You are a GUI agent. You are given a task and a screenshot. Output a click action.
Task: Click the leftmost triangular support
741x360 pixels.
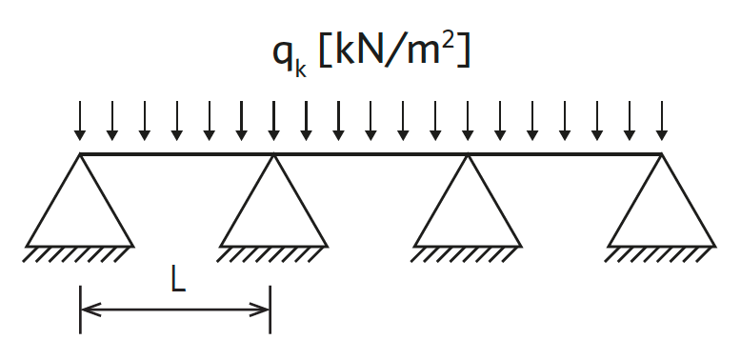click(x=80, y=200)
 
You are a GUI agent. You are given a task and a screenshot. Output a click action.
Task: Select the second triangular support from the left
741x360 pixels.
click(x=273, y=200)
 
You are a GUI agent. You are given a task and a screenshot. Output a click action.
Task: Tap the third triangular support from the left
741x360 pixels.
click(x=468, y=200)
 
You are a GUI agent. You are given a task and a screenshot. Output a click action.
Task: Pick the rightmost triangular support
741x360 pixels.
click(x=662, y=200)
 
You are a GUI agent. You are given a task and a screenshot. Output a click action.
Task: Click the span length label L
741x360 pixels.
click(x=178, y=282)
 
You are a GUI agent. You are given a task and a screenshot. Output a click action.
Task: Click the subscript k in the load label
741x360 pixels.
click(x=301, y=70)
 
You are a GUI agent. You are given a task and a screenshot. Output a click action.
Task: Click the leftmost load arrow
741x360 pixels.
click(x=80, y=120)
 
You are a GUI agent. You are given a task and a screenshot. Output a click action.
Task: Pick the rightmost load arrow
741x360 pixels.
click(x=662, y=120)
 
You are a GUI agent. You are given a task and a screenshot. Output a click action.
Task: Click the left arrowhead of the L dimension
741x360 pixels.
click(x=90, y=310)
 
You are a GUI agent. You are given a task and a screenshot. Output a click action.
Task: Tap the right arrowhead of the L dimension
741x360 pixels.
click(x=259, y=310)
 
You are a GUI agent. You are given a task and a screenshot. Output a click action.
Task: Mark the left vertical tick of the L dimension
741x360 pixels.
click(x=81, y=310)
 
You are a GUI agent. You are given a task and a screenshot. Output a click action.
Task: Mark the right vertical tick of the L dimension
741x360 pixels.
click(x=270, y=310)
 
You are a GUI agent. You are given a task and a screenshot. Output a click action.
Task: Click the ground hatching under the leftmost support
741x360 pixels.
click(x=75, y=255)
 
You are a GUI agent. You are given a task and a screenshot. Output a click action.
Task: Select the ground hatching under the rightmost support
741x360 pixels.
click(x=657, y=255)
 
